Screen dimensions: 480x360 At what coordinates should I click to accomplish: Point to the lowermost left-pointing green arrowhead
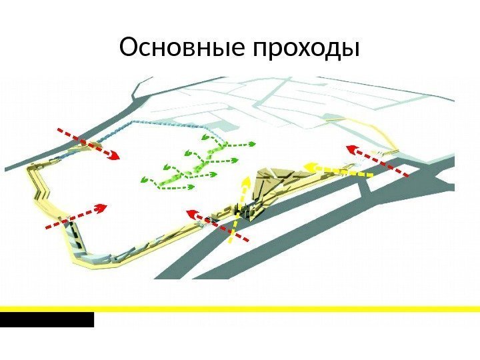pyautogui.click(x=143, y=179)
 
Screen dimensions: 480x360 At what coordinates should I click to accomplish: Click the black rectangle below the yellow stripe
pyautogui.click(x=47, y=320)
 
